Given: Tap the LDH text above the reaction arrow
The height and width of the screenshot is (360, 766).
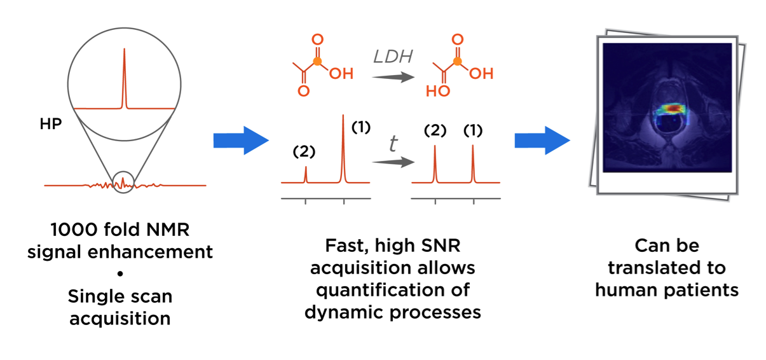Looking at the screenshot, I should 392,57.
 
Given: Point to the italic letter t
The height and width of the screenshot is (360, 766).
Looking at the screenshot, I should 393,144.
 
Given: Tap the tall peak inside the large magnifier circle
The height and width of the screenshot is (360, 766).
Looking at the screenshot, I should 124,76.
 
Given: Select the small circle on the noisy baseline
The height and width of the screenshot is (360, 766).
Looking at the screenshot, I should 124,183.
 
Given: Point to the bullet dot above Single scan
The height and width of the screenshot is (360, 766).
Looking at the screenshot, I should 120,274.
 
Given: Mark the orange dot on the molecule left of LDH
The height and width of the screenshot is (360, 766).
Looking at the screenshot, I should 318,61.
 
